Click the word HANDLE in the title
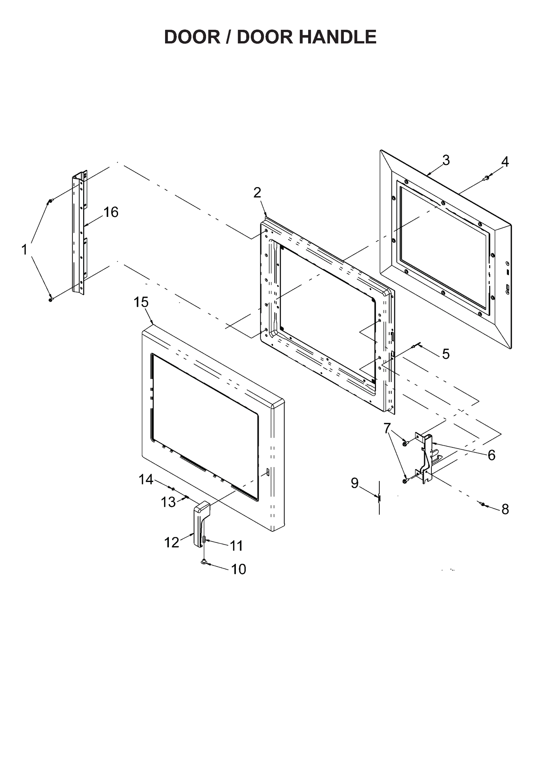click(337, 37)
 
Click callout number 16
click(111, 212)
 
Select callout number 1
click(24, 250)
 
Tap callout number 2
click(257, 192)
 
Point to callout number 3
click(446, 160)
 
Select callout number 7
click(386, 428)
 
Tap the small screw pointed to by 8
click(483, 504)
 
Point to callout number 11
click(236, 546)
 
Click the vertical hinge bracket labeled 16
click(78, 232)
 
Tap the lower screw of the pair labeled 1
click(50, 300)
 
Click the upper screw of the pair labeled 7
click(405, 444)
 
